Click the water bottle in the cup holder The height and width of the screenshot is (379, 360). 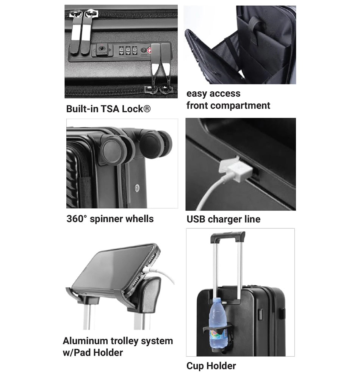(x=218, y=324)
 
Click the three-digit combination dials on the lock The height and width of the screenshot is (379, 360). (x=128, y=50)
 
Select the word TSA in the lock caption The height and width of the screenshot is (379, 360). (x=110, y=109)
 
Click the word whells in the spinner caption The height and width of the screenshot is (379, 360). (x=140, y=219)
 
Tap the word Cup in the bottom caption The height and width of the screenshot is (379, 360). (x=195, y=366)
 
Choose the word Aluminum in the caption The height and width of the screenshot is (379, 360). (x=85, y=341)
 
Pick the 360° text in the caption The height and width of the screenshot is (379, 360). (x=77, y=219)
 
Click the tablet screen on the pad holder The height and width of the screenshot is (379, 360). (x=114, y=268)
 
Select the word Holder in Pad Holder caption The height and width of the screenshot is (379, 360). (x=108, y=352)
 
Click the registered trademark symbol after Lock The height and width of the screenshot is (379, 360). (x=147, y=109)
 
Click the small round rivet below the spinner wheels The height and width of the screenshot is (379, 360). (x=137, y=188)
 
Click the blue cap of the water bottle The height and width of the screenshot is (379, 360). (x=216, y=300)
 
